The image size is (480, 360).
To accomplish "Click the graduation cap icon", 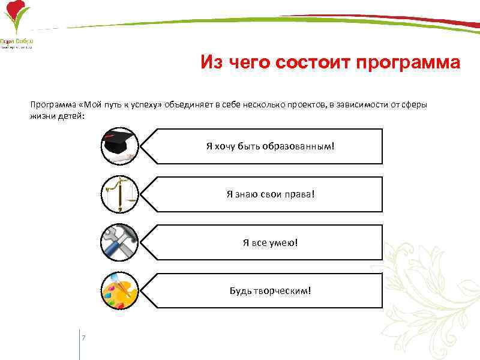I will point(119,146).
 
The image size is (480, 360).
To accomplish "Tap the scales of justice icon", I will point(119,194).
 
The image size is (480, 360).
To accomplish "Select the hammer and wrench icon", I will point(119,242).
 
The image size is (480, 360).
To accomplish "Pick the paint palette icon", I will point(119,290).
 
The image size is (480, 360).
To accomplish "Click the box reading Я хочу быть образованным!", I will point(270,146).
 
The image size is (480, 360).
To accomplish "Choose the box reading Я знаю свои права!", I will point(270,194).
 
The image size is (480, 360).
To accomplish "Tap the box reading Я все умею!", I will point(270,242).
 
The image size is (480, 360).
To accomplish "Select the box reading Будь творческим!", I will point(270,290).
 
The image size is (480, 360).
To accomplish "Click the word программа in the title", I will point(407,63).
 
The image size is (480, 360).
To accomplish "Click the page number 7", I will point(83,338).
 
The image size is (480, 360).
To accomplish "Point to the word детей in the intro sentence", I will point(70,115).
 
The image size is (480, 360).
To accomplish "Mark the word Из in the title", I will point(212,63).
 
